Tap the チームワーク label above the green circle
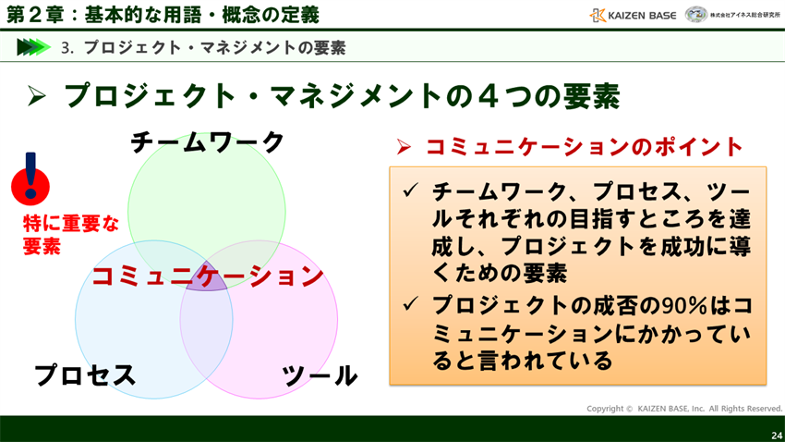pos(208,142)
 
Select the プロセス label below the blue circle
pos(85,374)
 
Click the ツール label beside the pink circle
pos(320,374)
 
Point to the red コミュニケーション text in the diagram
pos(208,275)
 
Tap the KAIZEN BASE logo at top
pos(634,15)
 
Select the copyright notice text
pos(683,408)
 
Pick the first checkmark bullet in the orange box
pos(411,191)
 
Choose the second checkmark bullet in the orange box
pos(411,303)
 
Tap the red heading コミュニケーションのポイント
pos(584,146)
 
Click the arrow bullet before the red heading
pos(404,146)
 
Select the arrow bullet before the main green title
pos(37,95)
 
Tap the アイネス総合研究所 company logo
pos(734,15)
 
